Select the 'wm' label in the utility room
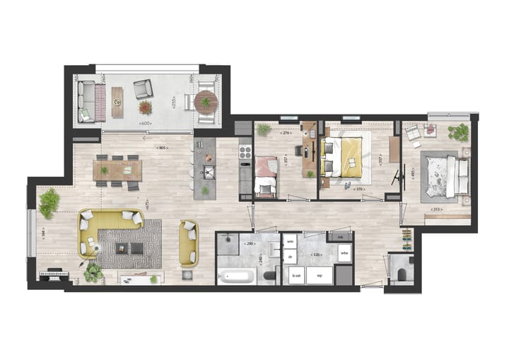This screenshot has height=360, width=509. coord(290,241)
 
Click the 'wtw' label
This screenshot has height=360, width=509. coord(344,252)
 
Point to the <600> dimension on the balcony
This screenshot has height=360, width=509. coord(146,124)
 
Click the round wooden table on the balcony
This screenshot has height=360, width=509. coord(205,102)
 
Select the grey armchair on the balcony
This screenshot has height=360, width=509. coord(143,88)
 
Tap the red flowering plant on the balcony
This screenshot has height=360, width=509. coord(145,108)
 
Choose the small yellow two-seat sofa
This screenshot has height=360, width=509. coord(188,243)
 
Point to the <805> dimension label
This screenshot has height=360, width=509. coord(161,148)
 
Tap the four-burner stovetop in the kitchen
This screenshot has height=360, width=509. coord(245,151)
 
